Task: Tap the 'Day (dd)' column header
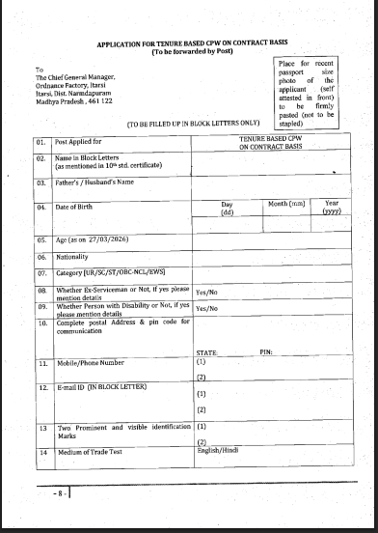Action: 228,208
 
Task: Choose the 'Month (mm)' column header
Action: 286,203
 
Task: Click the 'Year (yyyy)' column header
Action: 331,208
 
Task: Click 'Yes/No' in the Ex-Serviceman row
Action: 207,292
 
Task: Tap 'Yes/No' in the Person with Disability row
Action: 207,309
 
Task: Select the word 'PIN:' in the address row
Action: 266,353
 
